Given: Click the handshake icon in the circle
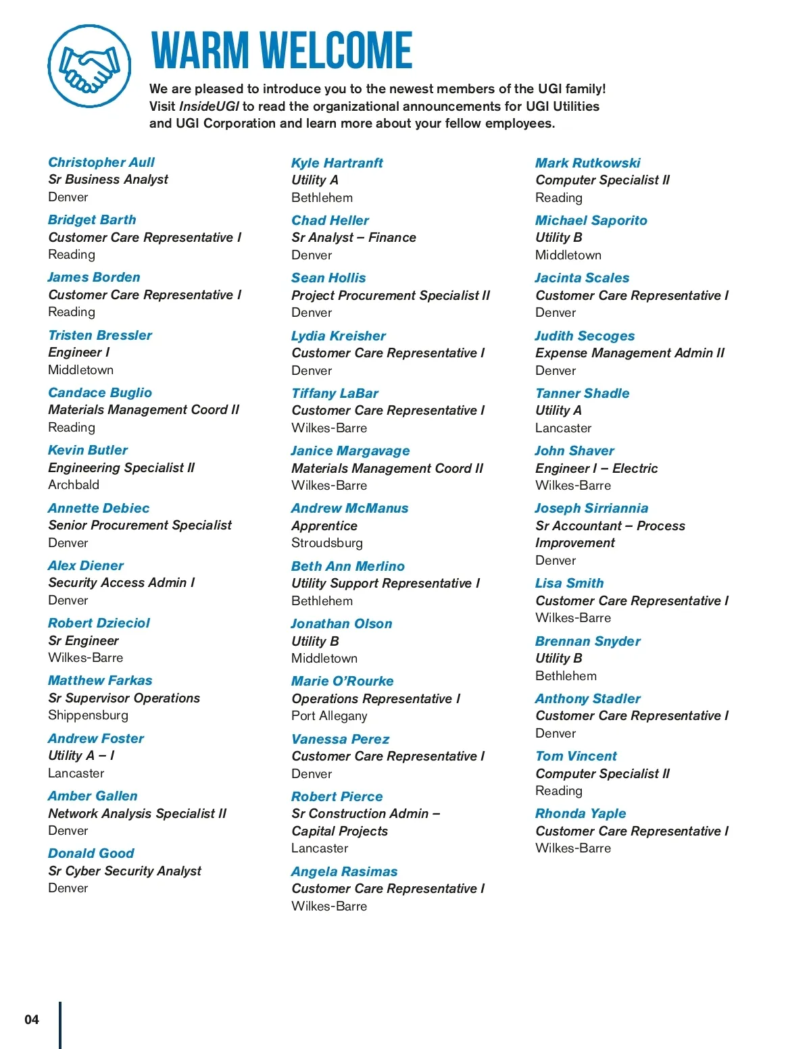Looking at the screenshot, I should [x=89, y=66].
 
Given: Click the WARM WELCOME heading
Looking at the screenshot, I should [x=281, y=51].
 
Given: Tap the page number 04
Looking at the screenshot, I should [x=32, y=1019].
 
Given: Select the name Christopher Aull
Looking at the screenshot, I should [x=101, y=162].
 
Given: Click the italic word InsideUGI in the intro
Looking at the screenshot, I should [x=209, y=106].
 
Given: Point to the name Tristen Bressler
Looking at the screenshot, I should [x=100, y=335].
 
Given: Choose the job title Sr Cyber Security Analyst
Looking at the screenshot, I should [x=124, y=871].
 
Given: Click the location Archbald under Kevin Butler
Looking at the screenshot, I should [x=74, y=484].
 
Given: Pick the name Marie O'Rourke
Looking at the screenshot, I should [x=342, y=681].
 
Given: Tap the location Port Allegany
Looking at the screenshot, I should [x=329, y=715].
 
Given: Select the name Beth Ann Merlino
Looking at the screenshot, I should [x=347, y=566].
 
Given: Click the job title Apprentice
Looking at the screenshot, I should [x=324, y=526].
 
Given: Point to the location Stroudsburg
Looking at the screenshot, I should [x=327, y=542].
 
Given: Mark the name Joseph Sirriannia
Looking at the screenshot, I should [x=591, y=508].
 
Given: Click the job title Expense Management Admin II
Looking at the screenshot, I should [x=629, y=353].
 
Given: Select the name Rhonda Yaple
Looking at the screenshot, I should [x=581, y=813].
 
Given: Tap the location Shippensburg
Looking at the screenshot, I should [x=88, y=715].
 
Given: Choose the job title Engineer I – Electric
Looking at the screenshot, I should [x=596, y=468].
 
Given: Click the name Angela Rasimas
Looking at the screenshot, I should [x=344, y=871].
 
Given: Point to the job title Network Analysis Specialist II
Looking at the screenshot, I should [x=137, y=813].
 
